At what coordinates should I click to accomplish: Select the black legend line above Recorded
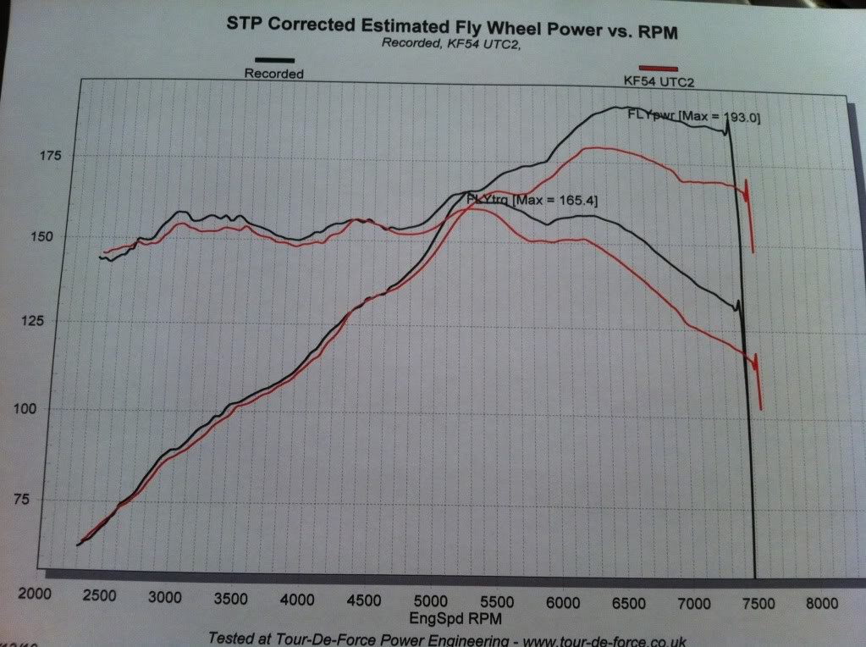(x=270, y=60)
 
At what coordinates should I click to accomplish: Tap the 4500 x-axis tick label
(x=364, y=600)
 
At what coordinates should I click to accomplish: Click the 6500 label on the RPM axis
(x=627, y=602)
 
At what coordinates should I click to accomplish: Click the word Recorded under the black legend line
(x=273, y=74)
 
